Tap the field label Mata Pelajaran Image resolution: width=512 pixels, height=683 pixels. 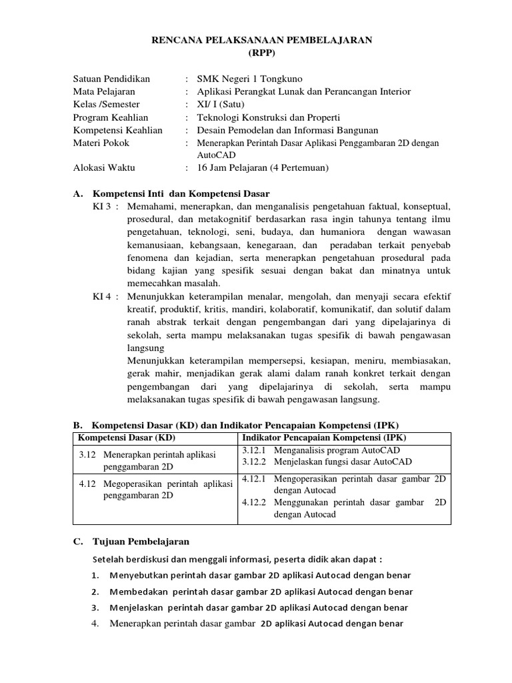point(103,91)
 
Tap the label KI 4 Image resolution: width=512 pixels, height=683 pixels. point(105,297)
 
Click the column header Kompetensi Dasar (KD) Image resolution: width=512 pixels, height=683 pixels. point(127,438)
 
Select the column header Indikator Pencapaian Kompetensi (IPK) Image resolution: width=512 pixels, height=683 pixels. point(324,438)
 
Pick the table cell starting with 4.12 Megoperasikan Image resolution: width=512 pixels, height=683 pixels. point(155,490)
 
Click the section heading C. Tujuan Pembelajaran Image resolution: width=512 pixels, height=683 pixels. point(131,542)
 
